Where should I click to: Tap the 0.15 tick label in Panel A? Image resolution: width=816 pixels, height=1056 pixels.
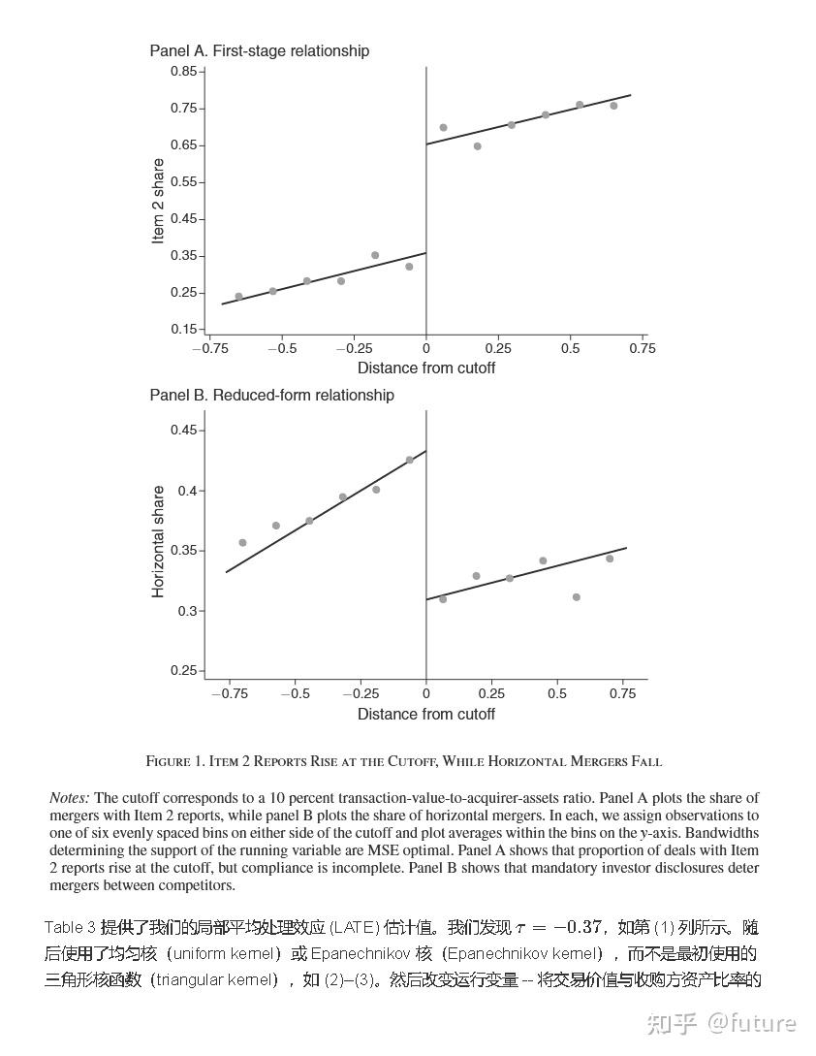coord(183,330)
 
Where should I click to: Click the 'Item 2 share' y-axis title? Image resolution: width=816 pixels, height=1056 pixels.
coord(159,202)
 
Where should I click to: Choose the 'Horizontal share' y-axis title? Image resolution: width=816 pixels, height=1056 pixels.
coord(159,541)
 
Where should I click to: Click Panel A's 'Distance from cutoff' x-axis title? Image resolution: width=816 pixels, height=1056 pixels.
coord(425,368)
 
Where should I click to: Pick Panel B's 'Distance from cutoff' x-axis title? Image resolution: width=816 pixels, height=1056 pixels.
coord(425,715)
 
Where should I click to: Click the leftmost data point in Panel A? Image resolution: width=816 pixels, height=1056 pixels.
coord(238,297)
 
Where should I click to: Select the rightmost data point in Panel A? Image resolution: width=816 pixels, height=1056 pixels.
coord(613,106)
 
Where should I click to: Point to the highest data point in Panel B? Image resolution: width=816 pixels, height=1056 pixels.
coord(410,460)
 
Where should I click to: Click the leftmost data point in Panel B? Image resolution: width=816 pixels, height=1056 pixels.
coord(242,543)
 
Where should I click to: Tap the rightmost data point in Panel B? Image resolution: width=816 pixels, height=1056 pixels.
coord(610,559)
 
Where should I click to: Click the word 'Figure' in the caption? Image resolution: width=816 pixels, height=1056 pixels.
coord(168,761)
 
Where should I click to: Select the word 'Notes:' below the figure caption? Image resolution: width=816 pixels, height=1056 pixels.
coord(70,798)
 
